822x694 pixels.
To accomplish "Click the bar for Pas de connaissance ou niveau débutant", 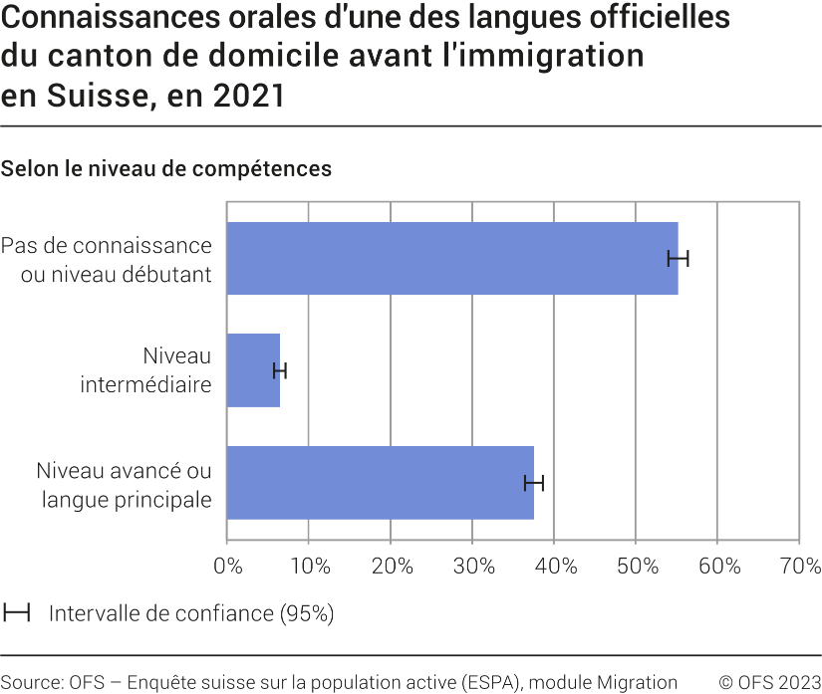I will [x=452, y=258].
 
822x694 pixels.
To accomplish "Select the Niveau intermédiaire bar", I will [x=253, y=370].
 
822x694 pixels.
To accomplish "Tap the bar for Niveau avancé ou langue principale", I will [x=380, y=483].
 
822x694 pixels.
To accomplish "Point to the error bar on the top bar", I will [x=678, y=259].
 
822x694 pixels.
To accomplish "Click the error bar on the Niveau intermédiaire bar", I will [x=280, y=370].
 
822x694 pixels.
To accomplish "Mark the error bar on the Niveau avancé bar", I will [x=534, y=483].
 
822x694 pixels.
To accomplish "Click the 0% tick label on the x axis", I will [x=228, y=567].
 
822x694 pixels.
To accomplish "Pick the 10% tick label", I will [x=309, y=567].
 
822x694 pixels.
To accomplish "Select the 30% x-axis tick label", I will [x=473, y=567].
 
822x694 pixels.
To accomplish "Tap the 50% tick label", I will [x=637, y=567].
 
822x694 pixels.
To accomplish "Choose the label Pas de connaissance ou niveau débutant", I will [x=107, y=259].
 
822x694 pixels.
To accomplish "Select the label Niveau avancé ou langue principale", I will [x=124, y=484].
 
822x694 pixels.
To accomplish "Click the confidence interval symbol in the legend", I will [x=16, y=613].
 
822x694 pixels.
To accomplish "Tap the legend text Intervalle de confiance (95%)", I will [x=190, y=613].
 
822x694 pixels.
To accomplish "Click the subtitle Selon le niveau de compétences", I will [x=166, y=168].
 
